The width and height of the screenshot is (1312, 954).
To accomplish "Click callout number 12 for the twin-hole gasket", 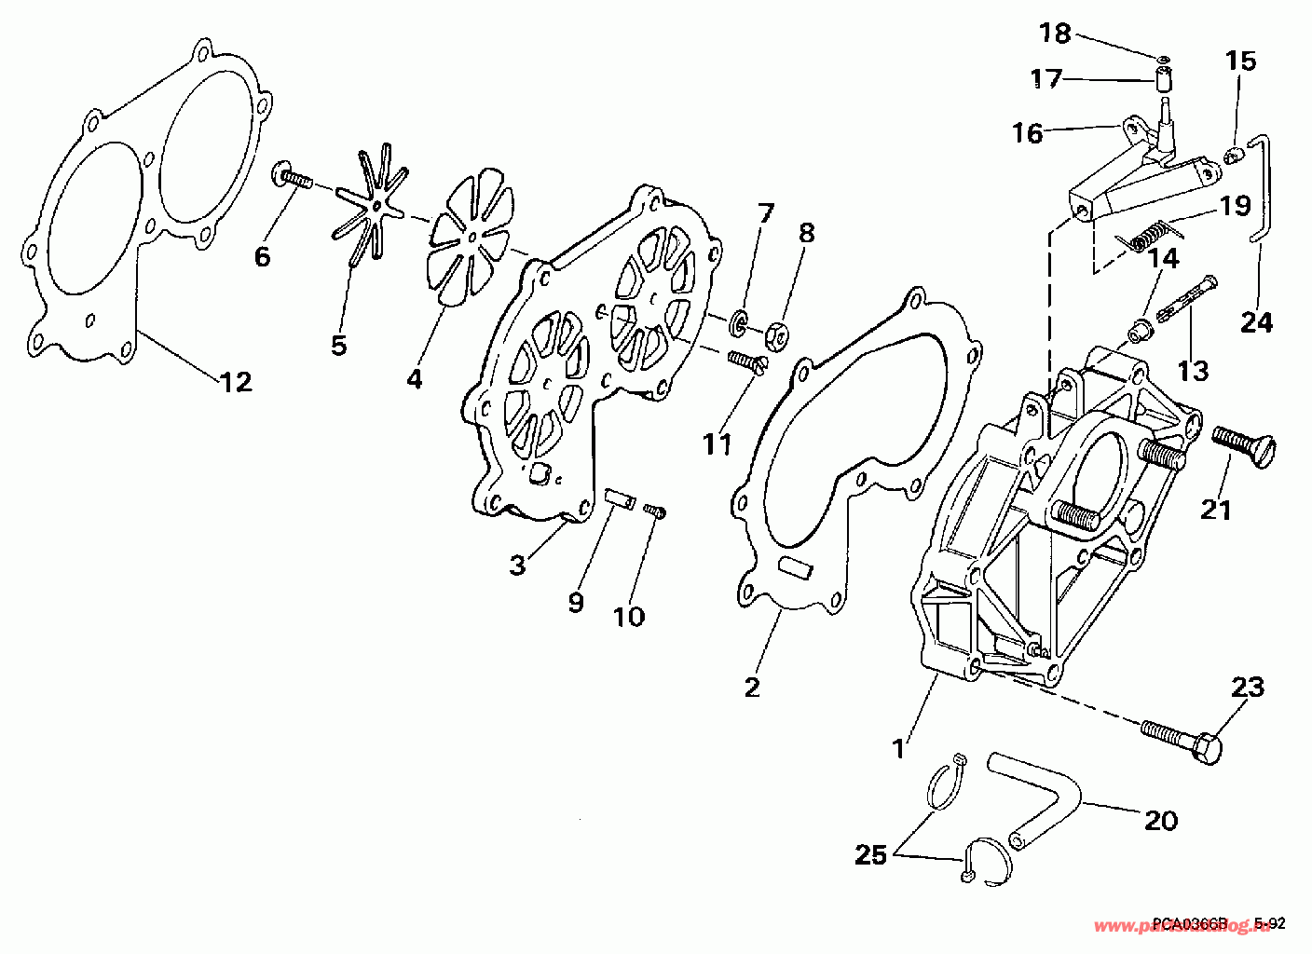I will tap(237, 381).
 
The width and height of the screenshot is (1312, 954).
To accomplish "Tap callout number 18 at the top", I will tap(1056, 34).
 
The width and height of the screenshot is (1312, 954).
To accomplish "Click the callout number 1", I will tap(899, 747).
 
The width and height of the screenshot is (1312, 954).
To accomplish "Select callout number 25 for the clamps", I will tap(871, 854).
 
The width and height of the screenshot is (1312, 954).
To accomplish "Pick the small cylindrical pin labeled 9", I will tap(619, 497).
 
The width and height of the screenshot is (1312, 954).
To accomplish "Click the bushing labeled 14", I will tap(1138, 331).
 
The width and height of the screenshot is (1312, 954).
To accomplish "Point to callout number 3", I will tap(518, 565).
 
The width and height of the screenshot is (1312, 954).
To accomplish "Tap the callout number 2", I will tap(752, 687).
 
